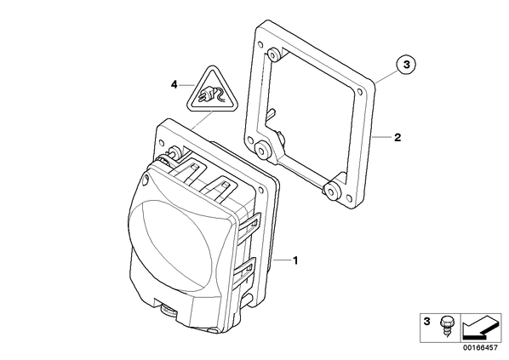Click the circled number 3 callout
click(x=406, y=65)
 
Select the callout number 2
click(x=397, y=137)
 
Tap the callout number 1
click(x=295, y=260)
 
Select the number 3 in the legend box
click(x=427, y=322)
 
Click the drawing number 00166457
click(x=480, y=347)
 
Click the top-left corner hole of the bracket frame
click(x=260, y=44)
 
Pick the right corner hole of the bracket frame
click(x=359, y=92)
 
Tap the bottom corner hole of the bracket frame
click(x=348, y=197)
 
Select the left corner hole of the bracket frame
click(x=250, y=140)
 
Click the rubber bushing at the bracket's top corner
click(x=275, y=54)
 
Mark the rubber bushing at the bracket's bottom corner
click(x=332, y=190)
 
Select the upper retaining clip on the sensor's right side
click(x=249, y=223)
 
